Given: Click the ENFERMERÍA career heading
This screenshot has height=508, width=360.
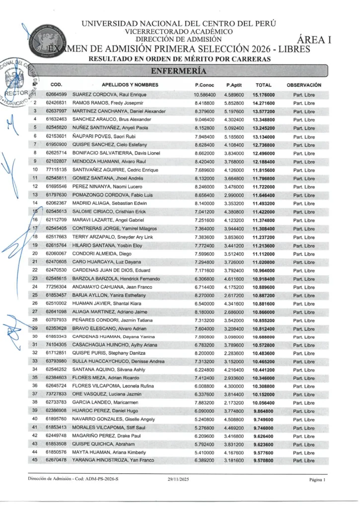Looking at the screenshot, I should [178, 70].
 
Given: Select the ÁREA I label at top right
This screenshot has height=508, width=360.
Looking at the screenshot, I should [314, 41].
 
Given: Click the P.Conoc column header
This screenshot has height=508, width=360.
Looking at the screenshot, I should [205, 85].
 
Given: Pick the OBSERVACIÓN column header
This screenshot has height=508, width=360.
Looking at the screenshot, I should [304, 85].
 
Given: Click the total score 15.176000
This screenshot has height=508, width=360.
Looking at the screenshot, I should [263, 94].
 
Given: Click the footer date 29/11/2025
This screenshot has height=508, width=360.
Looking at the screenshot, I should [178, 480].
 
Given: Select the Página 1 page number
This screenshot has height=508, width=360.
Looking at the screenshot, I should [316, 480].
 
